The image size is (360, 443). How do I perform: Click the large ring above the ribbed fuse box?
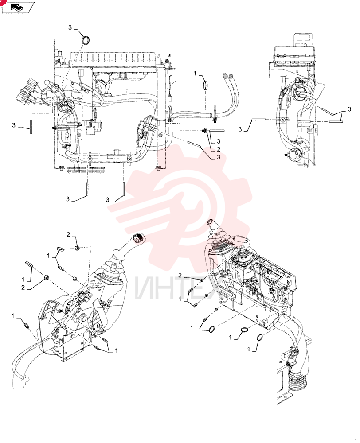(x=85, y=39)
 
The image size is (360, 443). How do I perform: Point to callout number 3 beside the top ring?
(x=70, y=27)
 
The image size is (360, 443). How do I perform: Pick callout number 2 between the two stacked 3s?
(x=218, y=149)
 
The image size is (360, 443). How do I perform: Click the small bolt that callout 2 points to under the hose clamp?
(x=204, y=131)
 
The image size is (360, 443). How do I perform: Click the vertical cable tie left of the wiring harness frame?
(x=31, y=127)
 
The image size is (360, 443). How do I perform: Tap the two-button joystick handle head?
(x=138, y=238)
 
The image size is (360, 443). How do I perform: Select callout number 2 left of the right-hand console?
(x=180, y=275)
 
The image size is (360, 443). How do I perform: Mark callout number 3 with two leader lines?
(x=349, y=109)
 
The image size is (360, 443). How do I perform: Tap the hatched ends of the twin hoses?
(x=227, y=76)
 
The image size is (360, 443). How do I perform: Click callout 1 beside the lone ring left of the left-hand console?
(x=13, y=316)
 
